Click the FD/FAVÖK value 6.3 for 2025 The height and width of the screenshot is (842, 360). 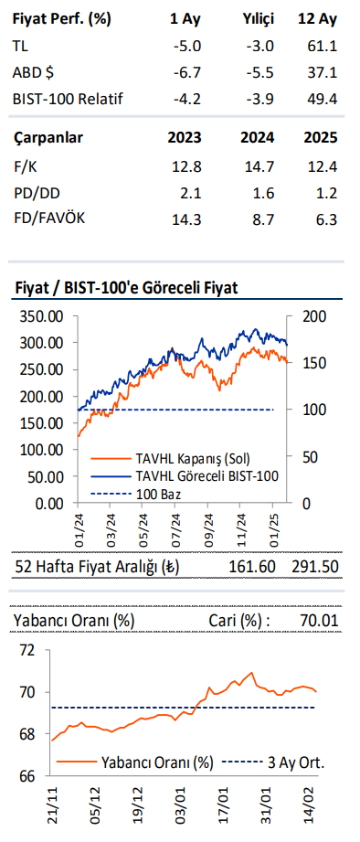[x=325, y=219]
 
